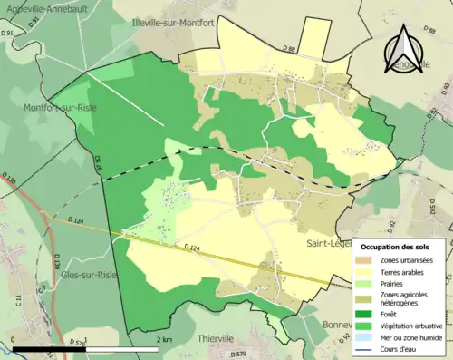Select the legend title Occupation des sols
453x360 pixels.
click(x=395, y=247)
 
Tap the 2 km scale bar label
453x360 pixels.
click(x=162, y=339)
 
